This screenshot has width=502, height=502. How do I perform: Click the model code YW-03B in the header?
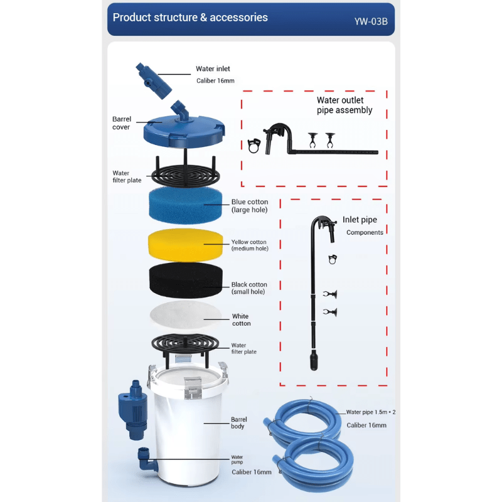click(371, 21)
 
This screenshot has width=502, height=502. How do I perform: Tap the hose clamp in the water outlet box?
click(254, 146)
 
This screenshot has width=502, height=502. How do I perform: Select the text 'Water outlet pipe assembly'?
click(344, 105)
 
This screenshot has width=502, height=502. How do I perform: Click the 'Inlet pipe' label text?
click(360, 220)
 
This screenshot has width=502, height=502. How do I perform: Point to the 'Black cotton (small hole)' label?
click(249, 288)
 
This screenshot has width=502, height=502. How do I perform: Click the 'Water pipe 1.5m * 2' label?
click(370, 412)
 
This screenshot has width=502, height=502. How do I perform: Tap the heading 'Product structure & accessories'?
click(190, 18)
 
